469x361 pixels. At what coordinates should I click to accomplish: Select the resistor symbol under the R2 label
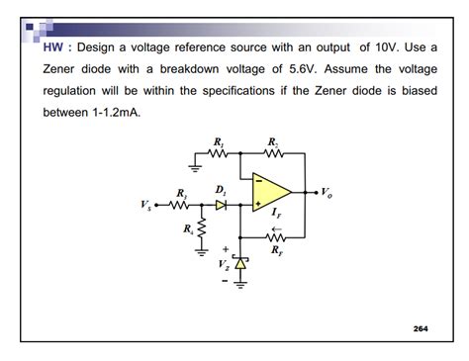(274, 155)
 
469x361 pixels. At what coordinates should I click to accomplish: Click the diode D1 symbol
(221, 206)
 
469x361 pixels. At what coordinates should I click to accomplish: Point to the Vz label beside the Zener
(226, 265)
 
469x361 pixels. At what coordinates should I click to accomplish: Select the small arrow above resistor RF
(274, 226)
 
